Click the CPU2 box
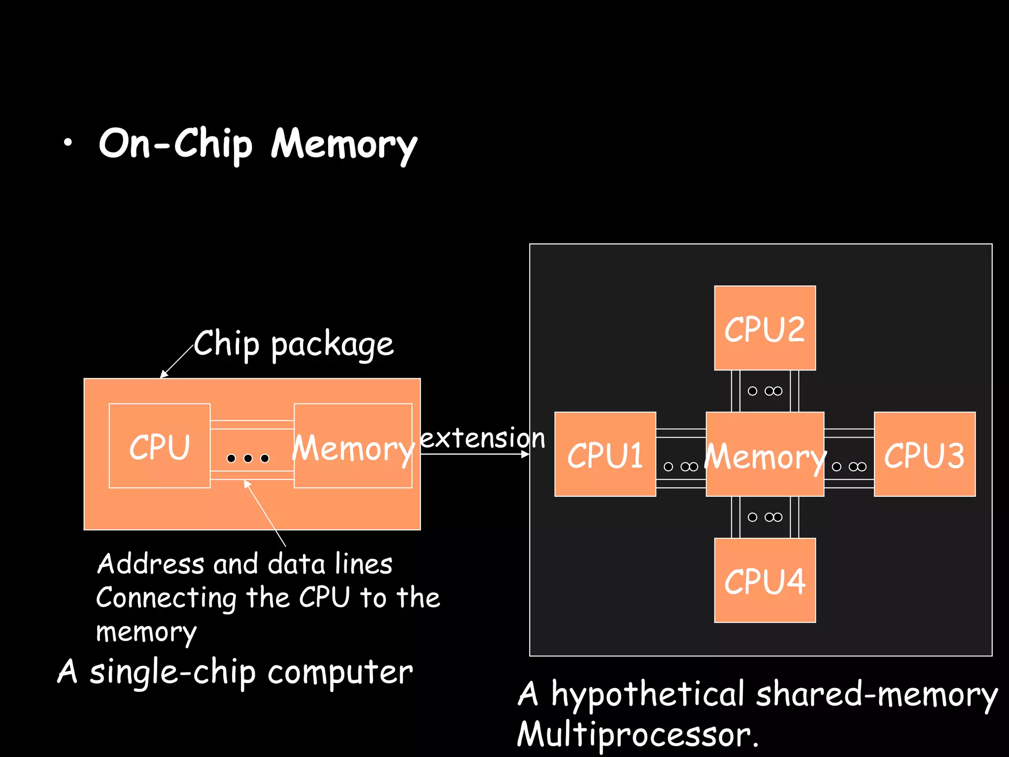765,328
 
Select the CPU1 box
605,454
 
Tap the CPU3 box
924,454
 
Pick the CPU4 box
765,580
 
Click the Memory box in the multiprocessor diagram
765,454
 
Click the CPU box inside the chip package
159,446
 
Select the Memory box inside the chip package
353,446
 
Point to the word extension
482,438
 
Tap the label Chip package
294,344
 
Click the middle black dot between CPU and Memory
248,458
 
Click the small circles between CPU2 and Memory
765,391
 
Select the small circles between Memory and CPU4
765,517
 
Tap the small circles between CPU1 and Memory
681,466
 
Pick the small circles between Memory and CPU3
849,466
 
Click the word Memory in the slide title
344,144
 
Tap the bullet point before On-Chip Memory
67,143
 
